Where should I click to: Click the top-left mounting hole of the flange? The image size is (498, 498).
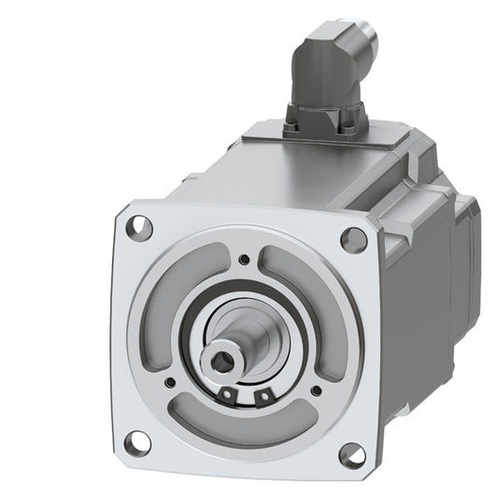tap(138, 224)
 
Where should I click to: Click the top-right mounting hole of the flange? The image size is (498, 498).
tap(353, 239)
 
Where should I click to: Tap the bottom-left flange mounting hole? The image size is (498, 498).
tap(137, 438)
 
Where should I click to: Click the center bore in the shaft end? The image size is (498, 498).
tap(226, 359)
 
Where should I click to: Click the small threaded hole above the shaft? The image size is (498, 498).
tap(244, 260)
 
